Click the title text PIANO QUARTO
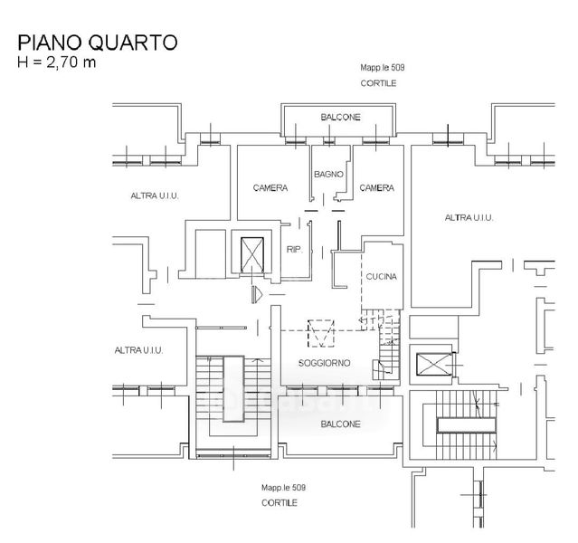point(98,43)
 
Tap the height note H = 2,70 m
point(56,63)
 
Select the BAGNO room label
point(327,174)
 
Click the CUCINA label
point(383,277)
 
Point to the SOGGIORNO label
point(324,364)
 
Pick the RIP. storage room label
point(294,250)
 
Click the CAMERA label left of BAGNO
point(270,188)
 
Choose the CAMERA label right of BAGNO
point(376,188)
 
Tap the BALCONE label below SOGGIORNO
point(340,424)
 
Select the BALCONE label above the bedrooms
point(340,118)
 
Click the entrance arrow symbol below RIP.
point(257,293)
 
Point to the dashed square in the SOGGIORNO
point(321,333)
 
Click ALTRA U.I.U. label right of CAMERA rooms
point(469,217)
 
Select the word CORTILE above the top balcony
point(378,83)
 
